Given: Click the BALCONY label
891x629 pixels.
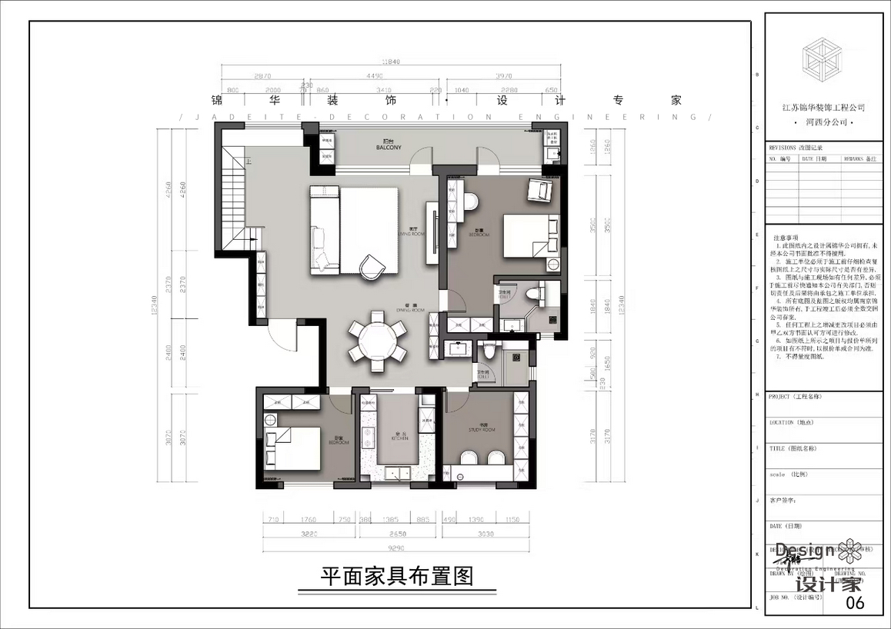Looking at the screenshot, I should [x=389, y=146].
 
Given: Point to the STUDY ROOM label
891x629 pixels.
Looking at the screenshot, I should [x=483, y=428].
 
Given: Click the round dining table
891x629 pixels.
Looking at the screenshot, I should [x=377, y=337].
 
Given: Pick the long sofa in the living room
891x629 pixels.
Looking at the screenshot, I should [x=325, y=229].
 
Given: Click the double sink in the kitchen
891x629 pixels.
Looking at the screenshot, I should [x=368, y=438].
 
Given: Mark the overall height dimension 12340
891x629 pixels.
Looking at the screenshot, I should [x=155, y=308].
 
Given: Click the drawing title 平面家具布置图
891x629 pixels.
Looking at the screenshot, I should [x=396, y=575].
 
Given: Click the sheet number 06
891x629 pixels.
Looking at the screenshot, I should [x=854, y=602].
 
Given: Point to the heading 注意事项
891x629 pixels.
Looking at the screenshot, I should [x=786, y=238].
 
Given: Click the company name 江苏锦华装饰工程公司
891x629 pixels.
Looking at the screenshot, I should [x=823, y=108].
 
